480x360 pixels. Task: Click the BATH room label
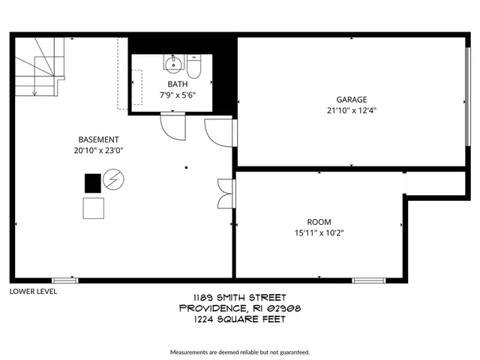[x=177, y=84]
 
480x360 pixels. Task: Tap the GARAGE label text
[x=351, y=99]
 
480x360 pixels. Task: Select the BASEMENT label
[x=98, y=139]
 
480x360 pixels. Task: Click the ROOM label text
[x=319, y=222]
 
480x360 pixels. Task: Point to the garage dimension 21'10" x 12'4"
[x=351, y=110]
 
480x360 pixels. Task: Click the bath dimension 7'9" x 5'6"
[x=177, y=95]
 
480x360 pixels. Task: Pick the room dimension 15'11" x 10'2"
[x=319, y=232]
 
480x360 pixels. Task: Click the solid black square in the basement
[x=92, y=183]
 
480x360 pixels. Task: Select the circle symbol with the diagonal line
[x=113, y=180]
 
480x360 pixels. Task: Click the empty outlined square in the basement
[x=93, y=208]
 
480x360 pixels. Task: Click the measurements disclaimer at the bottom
[x=239, y=352]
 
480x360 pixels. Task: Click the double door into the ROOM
[x=225, y=193]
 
